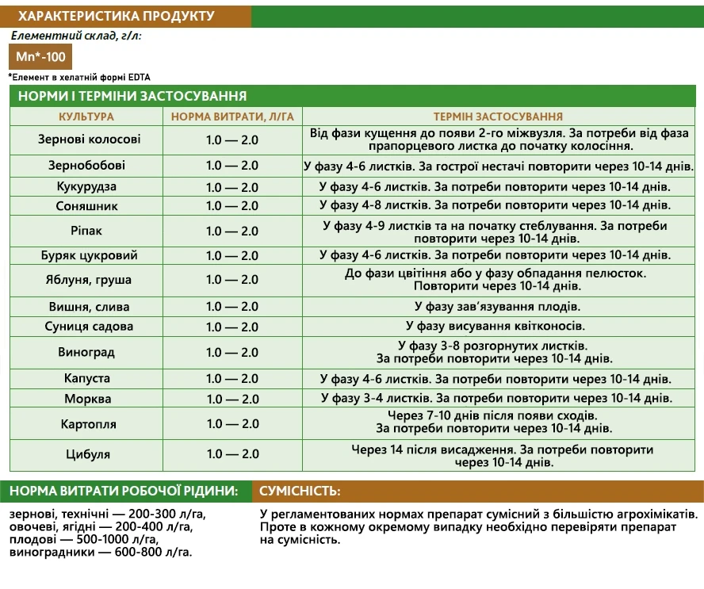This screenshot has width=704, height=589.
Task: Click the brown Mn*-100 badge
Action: pyautogui.click(x=40, y=57)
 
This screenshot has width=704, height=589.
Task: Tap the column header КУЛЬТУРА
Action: pyautogui.click(x=86, y=117)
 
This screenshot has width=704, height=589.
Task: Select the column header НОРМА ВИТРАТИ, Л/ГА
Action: pyautogui.click(x=232, y=117)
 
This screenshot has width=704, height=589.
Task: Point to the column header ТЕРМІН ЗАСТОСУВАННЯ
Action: pyautogui.click(x=498, y=117)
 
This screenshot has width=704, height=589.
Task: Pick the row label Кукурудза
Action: pyautogui.click(x=86, y=186)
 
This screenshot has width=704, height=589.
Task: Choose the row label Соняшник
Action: pyautogui.click(x=86, y=205)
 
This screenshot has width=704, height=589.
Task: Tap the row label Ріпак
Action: pyautogui.click(x=86, y=231)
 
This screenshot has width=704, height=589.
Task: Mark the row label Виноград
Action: pyautogui.click(x=86, y=352)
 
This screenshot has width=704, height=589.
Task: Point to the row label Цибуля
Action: pyautogui.click(x=86, y=454)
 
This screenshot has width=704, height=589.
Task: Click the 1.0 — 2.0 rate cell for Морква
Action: pyautogui.click(x=232, y=399)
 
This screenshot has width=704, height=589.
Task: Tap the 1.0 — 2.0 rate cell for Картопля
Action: pyautogui.click(x=232, y=423)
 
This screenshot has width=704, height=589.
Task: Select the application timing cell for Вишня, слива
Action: pyautogui.click(x=497, y=307)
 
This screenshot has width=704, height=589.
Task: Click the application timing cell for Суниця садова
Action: pyautogui.click(x=495, y=326)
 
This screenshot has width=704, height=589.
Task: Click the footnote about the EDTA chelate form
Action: pyautogui.click(x=79, y=77)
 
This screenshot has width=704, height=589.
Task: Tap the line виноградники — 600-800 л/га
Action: pyautogui.click(x=101, y=553)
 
